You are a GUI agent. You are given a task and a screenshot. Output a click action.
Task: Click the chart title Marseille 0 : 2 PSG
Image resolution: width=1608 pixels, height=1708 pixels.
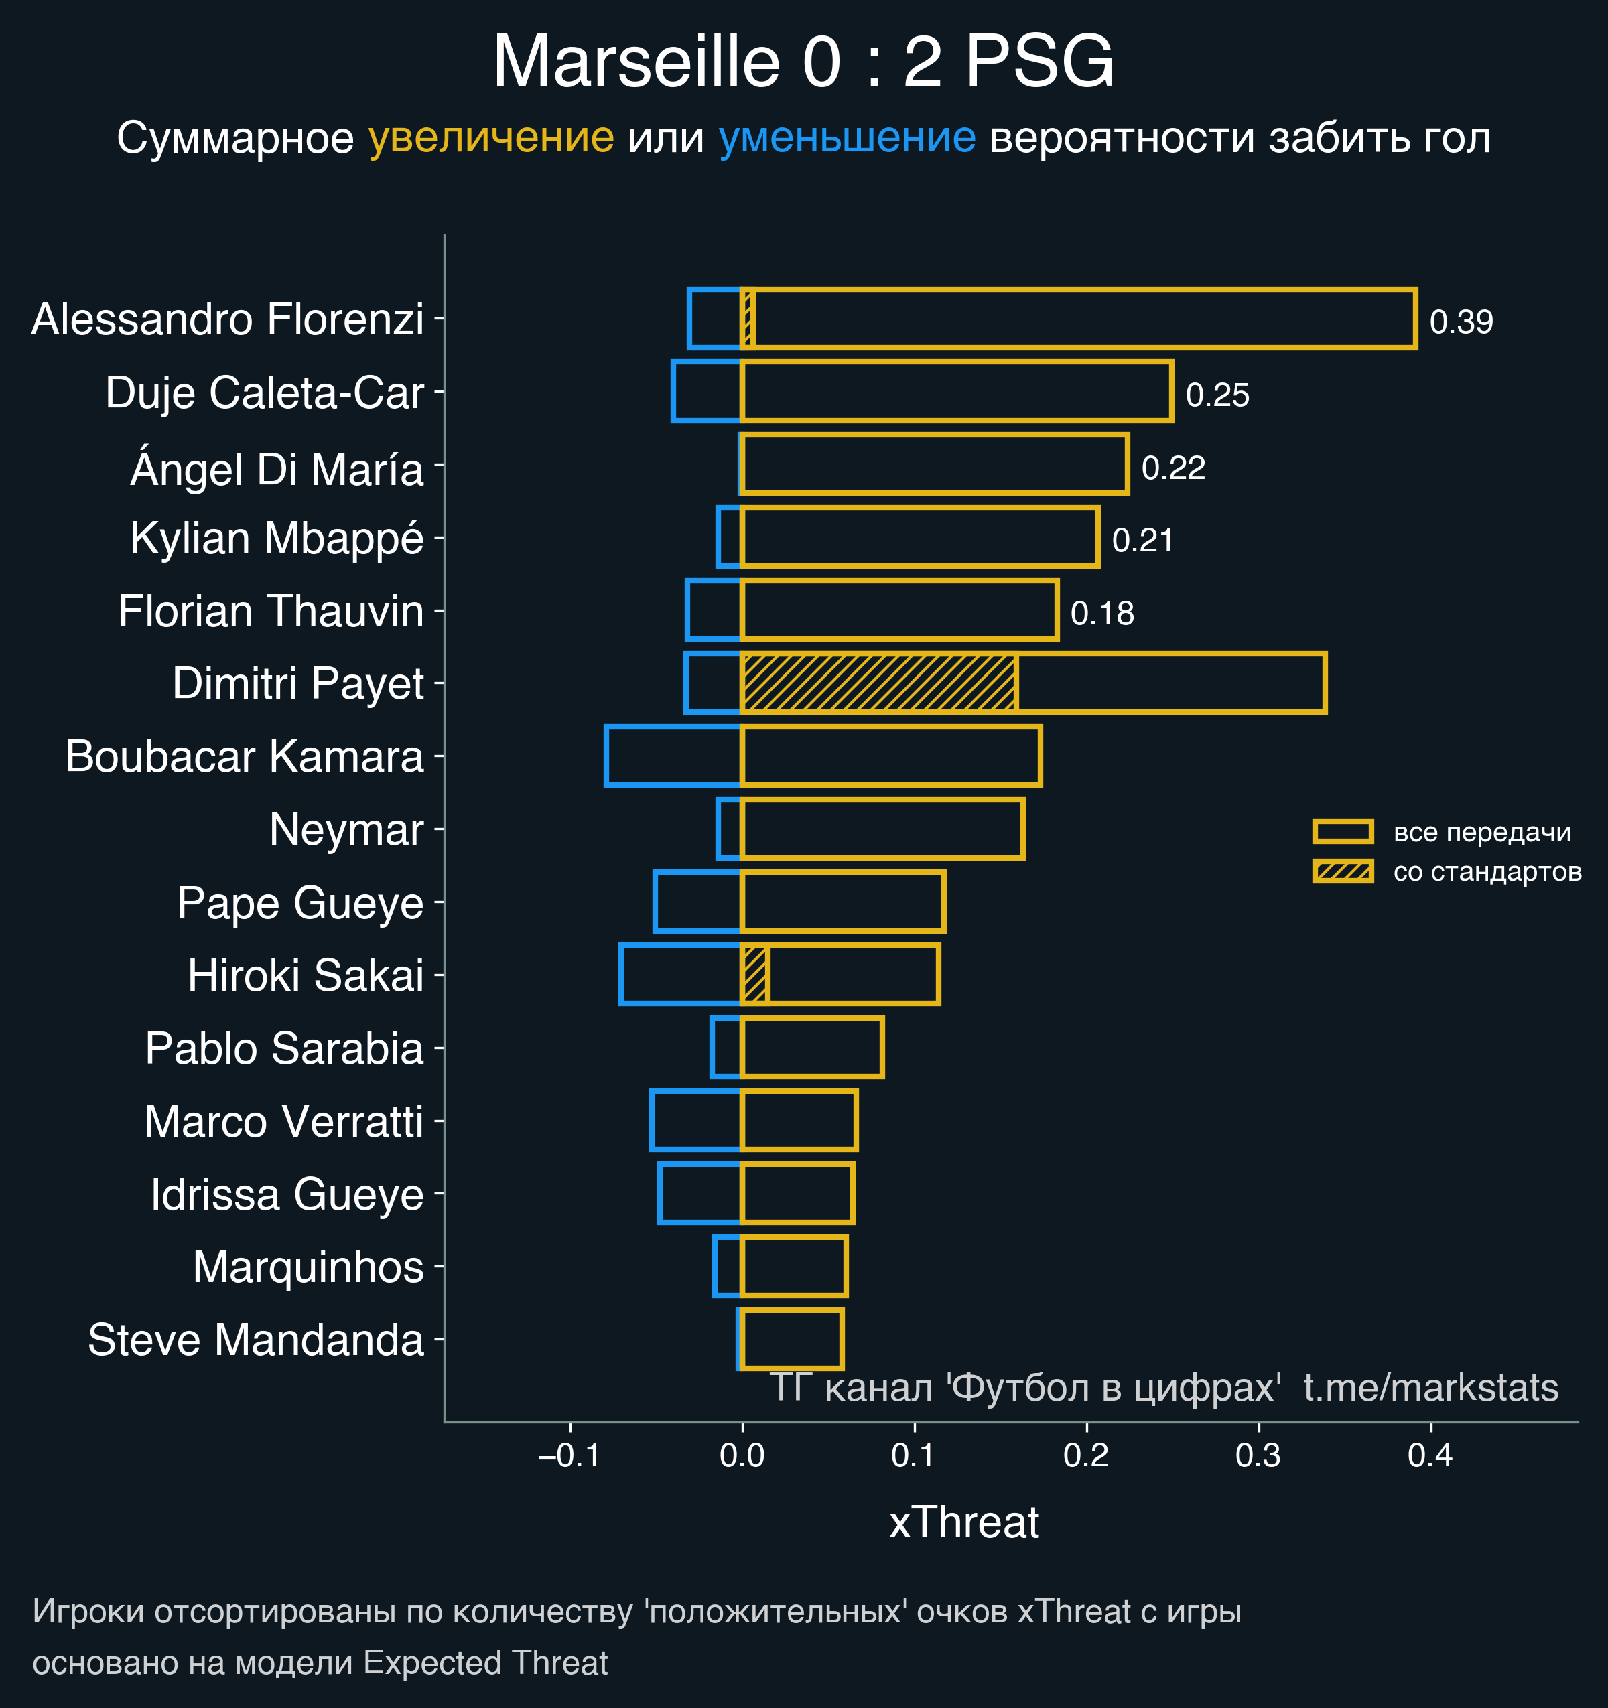coord(803,62)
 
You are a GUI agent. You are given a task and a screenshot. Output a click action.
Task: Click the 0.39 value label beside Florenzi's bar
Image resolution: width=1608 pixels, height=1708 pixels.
coord(1461,322)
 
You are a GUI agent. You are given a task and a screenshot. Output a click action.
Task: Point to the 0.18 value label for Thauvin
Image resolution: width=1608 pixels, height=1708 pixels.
coord(1101,614)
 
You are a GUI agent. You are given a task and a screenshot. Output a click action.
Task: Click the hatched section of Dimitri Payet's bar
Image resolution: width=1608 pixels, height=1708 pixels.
coord(879,683)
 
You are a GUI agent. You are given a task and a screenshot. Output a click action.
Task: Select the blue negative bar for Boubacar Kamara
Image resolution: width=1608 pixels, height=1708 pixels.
coord(673,756)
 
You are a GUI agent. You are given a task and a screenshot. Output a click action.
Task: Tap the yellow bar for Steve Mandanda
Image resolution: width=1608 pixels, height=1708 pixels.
coord(791,1340)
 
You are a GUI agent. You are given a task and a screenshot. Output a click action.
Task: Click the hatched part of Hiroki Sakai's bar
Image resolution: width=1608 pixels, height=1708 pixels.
coord(754,975)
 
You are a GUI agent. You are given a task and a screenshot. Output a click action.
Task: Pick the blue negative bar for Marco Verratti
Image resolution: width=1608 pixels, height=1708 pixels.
coord(695,1121)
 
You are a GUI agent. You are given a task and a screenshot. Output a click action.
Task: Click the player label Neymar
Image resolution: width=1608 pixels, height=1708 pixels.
coord(346,830)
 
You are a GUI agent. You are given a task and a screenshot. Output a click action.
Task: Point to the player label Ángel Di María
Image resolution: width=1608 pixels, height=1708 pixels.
coord(277,469)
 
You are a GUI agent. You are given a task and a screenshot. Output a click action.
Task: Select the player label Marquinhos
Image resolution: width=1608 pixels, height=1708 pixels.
coord(308,1267)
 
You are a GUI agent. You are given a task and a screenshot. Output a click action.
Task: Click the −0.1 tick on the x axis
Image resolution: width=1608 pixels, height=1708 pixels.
coord(569,1455)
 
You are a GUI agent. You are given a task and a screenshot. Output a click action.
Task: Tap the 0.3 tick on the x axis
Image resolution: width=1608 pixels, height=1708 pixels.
coord(1258,1455)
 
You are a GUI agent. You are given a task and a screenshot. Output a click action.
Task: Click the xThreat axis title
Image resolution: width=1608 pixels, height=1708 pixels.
coord(963,1522)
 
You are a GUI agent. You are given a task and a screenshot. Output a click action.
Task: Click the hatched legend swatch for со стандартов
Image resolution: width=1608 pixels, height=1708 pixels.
coord(1343,871)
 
